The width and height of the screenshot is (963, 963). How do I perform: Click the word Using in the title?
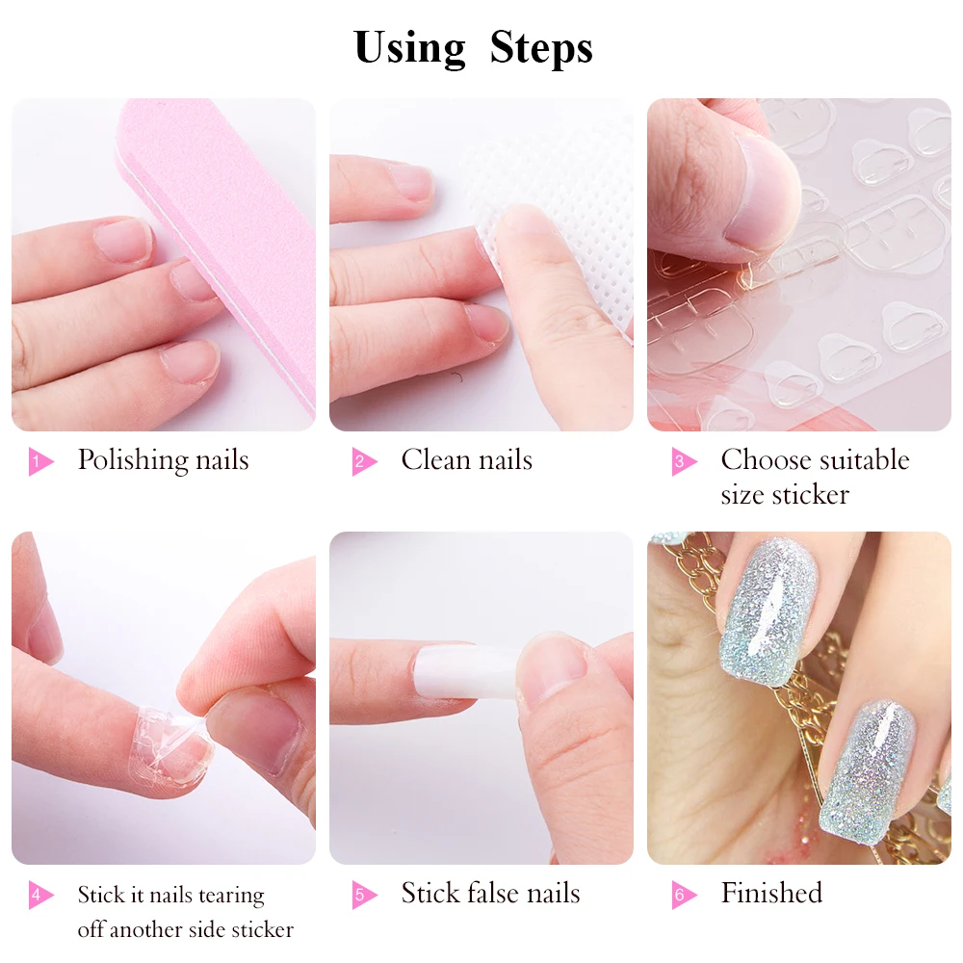[x=409, y=48]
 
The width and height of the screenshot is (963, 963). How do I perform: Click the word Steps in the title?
[x=541, y=48]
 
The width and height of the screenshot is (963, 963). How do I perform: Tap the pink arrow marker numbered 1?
[x=40, y=461]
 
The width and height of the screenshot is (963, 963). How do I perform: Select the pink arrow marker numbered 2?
[x=364, y=461]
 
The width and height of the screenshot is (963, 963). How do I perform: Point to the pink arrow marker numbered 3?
[x=684, y=461]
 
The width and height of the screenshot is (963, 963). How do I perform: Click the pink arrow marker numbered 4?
[x=40, y=895]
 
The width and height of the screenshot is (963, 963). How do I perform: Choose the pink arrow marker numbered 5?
[x=364, y=895]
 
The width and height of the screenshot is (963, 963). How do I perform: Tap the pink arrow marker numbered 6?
[x=684, y=895]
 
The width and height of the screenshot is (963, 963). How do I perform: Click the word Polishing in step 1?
[x=131, y=460]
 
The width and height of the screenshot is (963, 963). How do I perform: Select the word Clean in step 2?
[x=435, y=459]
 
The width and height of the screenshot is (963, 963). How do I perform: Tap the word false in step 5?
[x=495, y=893]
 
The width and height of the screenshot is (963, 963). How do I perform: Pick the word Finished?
[x=771, y=893]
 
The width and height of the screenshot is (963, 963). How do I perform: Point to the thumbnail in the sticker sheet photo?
[x=763, y=196]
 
